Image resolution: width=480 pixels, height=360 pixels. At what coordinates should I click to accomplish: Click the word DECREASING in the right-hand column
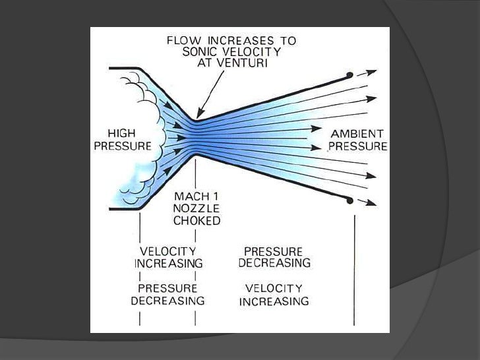click(x=277, y=263)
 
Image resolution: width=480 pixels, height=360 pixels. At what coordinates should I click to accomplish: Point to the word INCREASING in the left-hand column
click(x=167, y=263)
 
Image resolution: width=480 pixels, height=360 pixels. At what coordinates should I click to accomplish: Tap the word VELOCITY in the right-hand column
click(x=274, y=289)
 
